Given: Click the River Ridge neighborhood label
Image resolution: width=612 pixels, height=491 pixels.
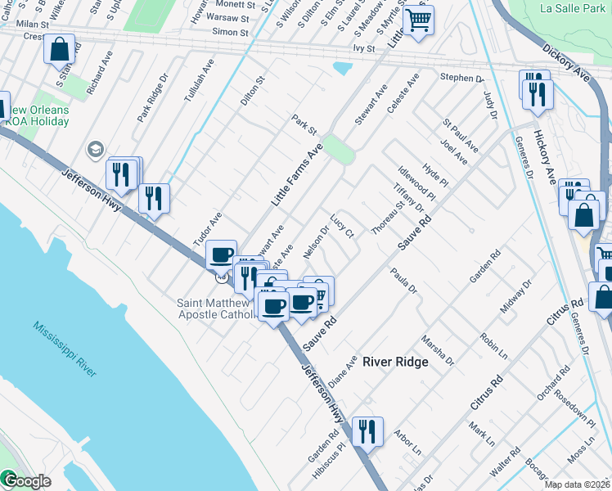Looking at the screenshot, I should click(x=395, y=362).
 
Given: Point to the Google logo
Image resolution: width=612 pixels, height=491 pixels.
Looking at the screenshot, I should click(x=26, y=481).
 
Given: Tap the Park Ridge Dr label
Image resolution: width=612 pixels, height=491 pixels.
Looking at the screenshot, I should click(x=152, y=98).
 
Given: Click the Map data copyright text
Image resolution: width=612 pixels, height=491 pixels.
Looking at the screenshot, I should click(x=578, y=484).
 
